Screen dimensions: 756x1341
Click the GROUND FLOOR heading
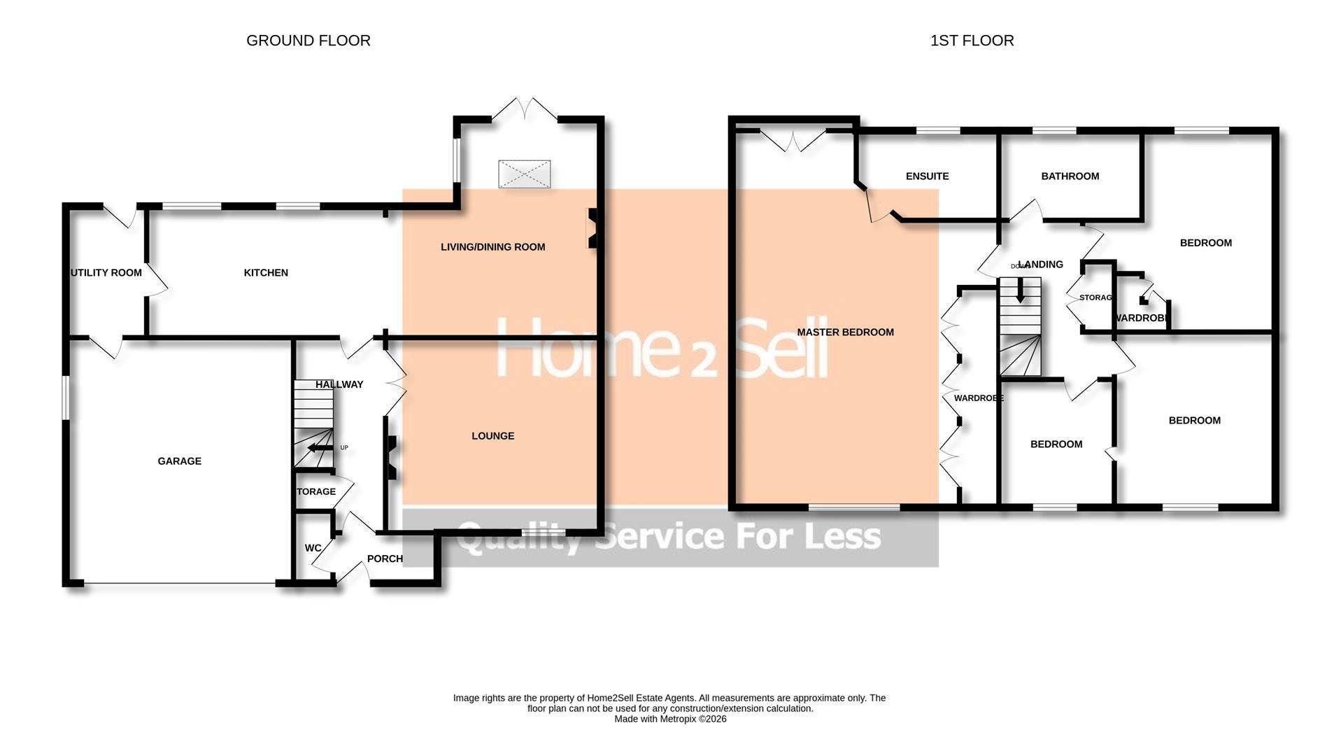click(x=308, y=41)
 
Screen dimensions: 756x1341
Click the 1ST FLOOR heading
click(x=972, y=41)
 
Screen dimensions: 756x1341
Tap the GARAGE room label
click(x=179, y=461)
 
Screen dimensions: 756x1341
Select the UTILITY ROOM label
click(x=106, y=272)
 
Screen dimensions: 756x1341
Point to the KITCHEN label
click(x=265, y=272)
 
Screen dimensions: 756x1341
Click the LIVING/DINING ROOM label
click(x=492, y=246)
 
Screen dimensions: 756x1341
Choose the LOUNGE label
click(x=492, y=435)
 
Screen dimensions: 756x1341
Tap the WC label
click(x=313, y=547)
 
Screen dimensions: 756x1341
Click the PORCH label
click(x=385, y=558)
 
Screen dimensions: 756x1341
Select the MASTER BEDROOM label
click(x=845, y=332)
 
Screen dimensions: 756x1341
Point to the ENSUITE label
click(x=927, y=176)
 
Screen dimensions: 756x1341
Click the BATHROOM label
click(x=1070, y=176)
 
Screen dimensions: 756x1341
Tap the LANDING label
click(x=1041, y=264)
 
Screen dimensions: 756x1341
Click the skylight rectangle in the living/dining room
click(x=524, y=174)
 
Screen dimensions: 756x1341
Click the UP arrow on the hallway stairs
click(x=320, y=448)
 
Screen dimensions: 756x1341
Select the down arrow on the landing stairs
click(x=1020, y=290)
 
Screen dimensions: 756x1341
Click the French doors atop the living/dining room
click(x=524, y=111)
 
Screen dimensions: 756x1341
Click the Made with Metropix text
click(x=669, y=719)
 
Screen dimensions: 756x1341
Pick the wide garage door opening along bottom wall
click(x=179, y=583)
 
